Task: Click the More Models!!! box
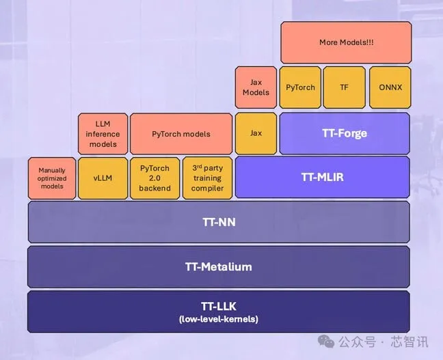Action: (346, 42)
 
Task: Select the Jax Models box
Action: (256, 87)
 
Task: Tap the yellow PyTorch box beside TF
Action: (300, 87)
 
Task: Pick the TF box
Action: (344, 87)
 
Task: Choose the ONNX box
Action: (390, 87)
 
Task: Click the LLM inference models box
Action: (103, 134)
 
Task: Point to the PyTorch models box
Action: (181, 134)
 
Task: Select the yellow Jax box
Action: (256, 134)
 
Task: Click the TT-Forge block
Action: (345, 134)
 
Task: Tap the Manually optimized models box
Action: (52, 178)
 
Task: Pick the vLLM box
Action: (103, 178)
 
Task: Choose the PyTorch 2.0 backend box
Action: (155, 178)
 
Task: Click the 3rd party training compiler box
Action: (207, 178)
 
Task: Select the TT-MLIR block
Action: (323, 177)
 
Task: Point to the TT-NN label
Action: (219, 222)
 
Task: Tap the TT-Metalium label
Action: (219, 267)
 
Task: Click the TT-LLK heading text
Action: (219, 307)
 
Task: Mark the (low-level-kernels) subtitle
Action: (219, 319)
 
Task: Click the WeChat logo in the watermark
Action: (326, 342)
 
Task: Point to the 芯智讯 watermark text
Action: (410, 342)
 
